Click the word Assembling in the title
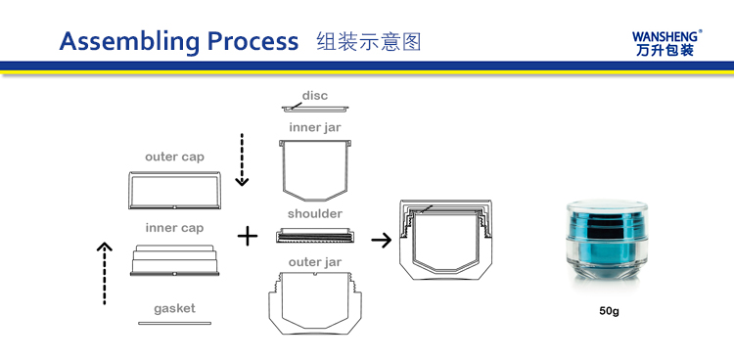(x=129, y=43)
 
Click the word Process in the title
(x=252, y=42)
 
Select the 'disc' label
(x=314, y=96)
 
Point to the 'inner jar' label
(x=314, y=127)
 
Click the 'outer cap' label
(x=174, y=157)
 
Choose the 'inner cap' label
(x=174, y=228)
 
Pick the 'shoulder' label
(x=314, y=214)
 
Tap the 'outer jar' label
(x=314, y=262)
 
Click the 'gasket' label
(x=174, y=308)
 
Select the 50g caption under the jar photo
(x=609, y=311)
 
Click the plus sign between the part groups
(x=248, y=237)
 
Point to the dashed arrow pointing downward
(x=242, y=159)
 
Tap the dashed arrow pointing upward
(x=105, y=273)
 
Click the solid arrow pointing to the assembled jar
(x=382, y=241)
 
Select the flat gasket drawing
(x=174, y=323)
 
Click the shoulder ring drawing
(x=314, y=236)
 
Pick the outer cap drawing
(x=174, y=190)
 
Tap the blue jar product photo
(x=607, y=240)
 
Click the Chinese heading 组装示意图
(x=369, y=42)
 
